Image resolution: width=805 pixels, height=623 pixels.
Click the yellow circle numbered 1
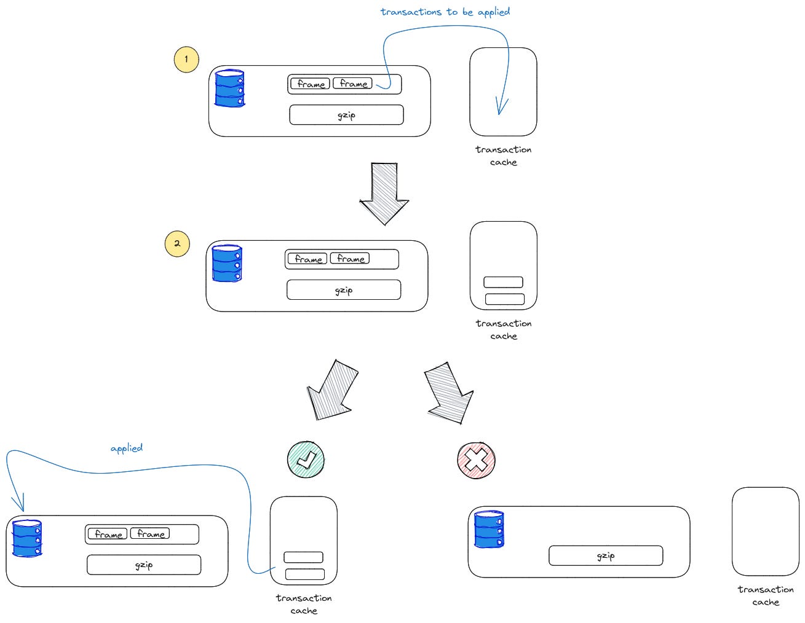(186, 60)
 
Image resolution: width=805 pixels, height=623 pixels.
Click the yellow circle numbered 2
(177, 243)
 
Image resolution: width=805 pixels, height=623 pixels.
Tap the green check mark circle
(306, 459)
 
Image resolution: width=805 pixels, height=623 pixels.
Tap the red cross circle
(477, 460)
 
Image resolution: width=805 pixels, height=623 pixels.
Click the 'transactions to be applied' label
(445, 12)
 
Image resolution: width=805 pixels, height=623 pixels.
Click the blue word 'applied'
(127, 448)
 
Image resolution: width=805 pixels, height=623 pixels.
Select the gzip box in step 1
(346, 115)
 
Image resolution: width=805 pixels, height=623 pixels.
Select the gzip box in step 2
(343, 290)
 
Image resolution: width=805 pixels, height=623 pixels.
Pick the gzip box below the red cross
(606, 555)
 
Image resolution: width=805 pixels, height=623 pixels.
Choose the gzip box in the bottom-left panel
(144, 565)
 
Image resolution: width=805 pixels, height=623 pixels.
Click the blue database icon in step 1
(230, 88)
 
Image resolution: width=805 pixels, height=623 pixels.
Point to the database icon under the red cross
(490, 529)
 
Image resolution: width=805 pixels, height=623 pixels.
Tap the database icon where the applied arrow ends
(28, 538)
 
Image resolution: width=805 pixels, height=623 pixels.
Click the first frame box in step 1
(310, 84)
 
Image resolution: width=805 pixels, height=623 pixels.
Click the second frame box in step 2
(350, 259)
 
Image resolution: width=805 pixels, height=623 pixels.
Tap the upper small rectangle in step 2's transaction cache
(503, 282)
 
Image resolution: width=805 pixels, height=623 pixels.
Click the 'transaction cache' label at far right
(766, 595)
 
